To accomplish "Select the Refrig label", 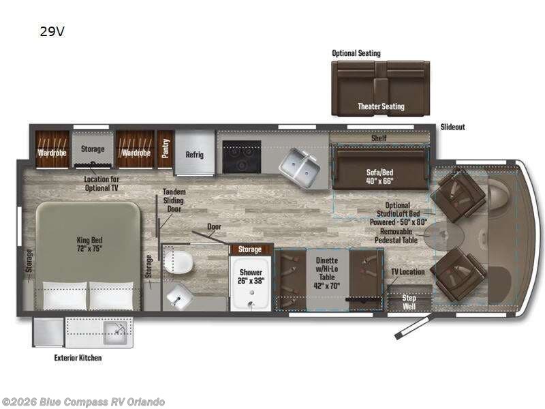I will (x=195, y=154).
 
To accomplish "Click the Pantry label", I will (x=164, y=149).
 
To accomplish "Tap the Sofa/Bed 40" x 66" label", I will (x=379, y=177).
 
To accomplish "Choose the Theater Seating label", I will (x=381, y=106).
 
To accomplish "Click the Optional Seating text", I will (x=356, y=53).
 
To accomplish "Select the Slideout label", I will (x=452, y=127).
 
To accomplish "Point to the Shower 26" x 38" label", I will (x=251, y=276).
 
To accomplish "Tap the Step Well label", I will (x=409, y=302).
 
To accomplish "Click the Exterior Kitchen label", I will (x=78, y=357).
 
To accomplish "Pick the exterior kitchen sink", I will (x=116, y=333).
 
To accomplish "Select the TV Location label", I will (x=408, y=272).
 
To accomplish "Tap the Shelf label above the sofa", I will (x=379, y=138).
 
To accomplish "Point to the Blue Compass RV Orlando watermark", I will (x=83, y=402).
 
